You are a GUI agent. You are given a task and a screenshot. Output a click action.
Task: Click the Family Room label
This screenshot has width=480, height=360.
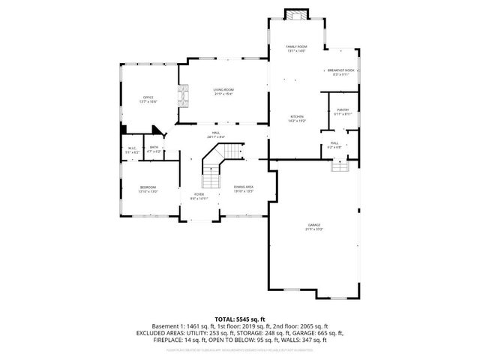click(x=297, y=49)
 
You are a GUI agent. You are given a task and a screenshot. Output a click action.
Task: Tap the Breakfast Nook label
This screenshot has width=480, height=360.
click(x=340, y=71)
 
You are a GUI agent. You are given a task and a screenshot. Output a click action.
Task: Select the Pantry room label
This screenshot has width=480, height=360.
click(x=342, y=112)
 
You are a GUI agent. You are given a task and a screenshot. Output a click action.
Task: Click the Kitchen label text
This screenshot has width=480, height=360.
click(x=297, y=118)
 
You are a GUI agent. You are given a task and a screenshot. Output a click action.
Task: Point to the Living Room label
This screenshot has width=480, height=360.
click(x=223, y=91)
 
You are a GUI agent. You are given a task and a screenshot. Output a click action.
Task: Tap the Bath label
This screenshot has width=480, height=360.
click(x=154, y=149)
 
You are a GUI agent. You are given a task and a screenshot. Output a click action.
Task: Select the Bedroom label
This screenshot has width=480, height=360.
click(x=147, y=189)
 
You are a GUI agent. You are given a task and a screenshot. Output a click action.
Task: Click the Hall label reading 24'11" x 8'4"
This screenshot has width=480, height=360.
click(x=215, y=134)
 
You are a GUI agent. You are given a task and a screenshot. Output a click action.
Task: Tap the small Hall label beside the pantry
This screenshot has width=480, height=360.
click(x=334, y=145)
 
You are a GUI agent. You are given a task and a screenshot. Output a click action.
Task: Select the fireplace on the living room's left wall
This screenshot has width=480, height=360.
click(x=181, y=97)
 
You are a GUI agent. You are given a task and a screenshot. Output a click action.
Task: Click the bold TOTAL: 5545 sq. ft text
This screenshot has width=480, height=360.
click(x=239, y=319)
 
